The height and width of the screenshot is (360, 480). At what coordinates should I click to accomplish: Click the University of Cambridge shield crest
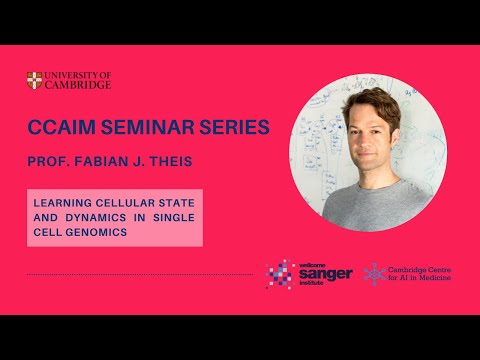[x=34, y=80]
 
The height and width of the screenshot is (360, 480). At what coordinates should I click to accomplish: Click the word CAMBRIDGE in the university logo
[x=78, y=85]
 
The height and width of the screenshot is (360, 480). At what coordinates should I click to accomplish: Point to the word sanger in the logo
[x=326, y=274]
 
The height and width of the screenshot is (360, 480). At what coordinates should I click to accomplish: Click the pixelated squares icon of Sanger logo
[x=279, y=273]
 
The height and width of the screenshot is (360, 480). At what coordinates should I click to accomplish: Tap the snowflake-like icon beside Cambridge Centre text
[x=375, y=273]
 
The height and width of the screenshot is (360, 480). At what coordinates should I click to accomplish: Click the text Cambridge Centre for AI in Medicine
[x=420, y=273]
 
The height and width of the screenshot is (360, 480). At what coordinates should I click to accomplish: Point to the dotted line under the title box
[x=140, y=274]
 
